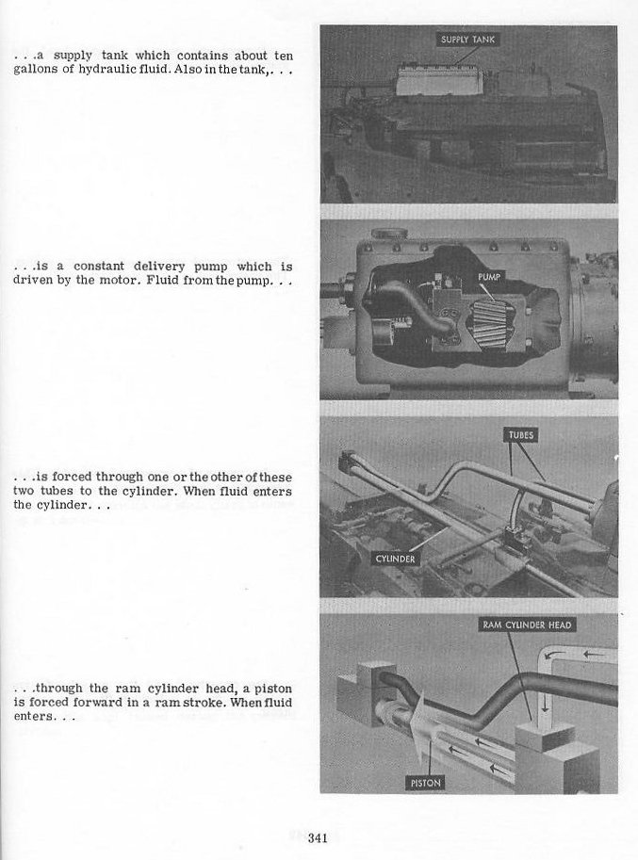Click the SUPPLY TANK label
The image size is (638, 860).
coord(467,40)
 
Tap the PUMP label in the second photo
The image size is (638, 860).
coord(490,276)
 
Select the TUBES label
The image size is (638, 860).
coord(521,435)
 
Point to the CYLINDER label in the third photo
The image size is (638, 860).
coord(396,559)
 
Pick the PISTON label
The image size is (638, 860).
coord(426,783)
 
